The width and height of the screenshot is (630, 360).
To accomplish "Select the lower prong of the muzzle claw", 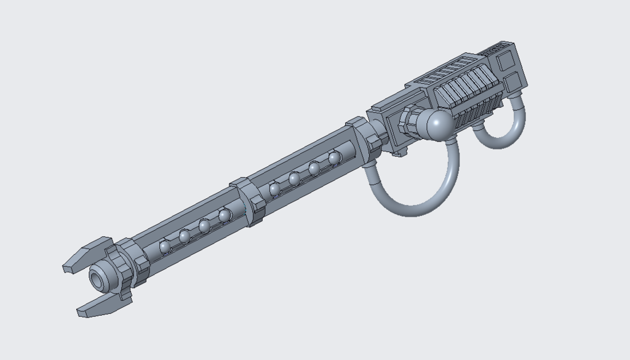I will coord(98,306).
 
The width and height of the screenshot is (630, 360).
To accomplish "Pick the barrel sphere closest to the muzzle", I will coord(165,247).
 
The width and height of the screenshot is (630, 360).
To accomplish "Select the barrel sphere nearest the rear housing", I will coord(335,158).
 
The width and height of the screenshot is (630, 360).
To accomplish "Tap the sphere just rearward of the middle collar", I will coord(275,189).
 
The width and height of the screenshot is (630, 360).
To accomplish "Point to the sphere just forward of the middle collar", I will coord(225,215).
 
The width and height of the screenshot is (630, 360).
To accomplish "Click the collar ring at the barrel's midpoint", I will coord(249,201).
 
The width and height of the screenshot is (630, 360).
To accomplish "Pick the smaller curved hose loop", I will coord(501,129).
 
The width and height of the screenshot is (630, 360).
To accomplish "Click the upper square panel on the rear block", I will coord(507,61).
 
